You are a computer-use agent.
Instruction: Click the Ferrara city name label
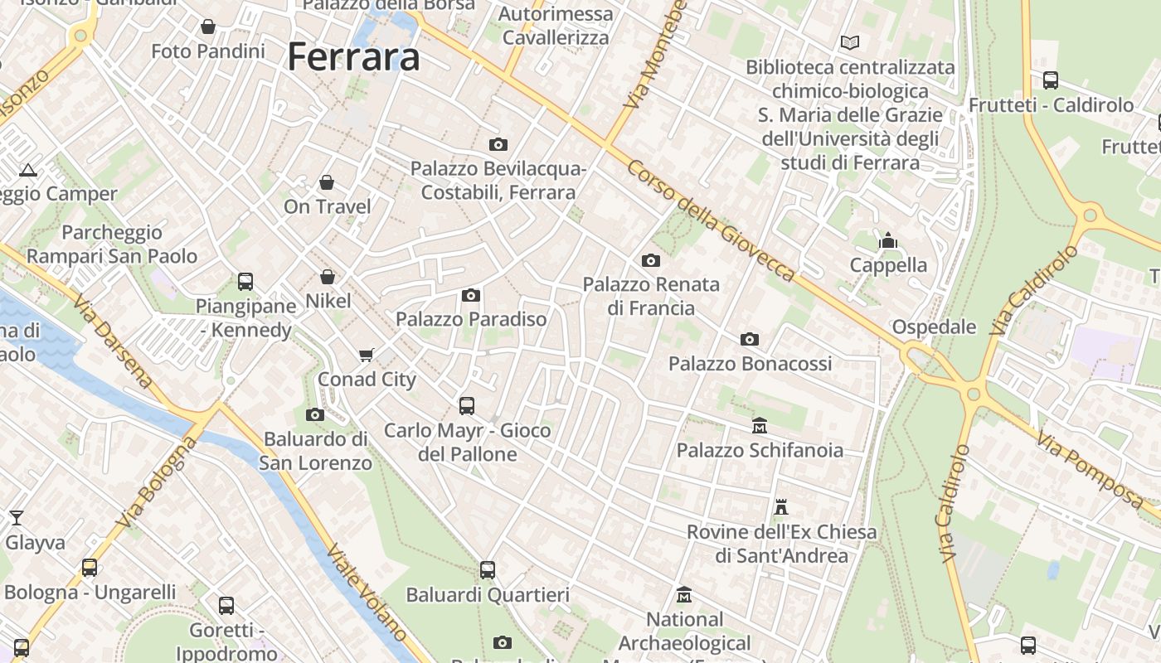click(x=353, y=57)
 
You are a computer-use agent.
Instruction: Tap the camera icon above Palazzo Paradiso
click(x=471, y=296)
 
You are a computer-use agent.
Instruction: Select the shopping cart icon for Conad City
click(x=367, y=356)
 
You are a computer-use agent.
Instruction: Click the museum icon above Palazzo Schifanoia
click(x=760, y=426)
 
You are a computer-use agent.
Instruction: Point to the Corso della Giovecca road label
click(x=711, y=220)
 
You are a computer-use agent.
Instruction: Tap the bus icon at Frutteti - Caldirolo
click(x=1051, y=80)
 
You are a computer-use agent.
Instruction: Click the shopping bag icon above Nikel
click(x=328, y=277)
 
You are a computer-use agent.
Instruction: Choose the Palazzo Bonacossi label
click(x=750, y=364)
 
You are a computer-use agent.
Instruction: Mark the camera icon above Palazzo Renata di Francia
click(x=651, y=261)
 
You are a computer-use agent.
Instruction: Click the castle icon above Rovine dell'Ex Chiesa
click(x=781, y=506)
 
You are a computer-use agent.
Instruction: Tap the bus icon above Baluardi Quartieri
click(x=488, y=570)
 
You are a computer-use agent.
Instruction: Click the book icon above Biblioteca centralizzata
click(x=850, y=42)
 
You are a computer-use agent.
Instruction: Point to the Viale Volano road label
click(x=367, y=593)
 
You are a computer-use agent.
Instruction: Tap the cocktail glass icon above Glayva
click(x=16, y=518)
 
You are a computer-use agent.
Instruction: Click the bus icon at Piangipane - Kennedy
click(x=245, y=282)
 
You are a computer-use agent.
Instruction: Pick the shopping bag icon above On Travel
click(x=327, y=182)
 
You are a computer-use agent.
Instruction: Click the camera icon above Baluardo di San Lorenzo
click(x=315, y=414)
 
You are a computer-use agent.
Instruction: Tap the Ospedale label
click(x=934, y=327)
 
